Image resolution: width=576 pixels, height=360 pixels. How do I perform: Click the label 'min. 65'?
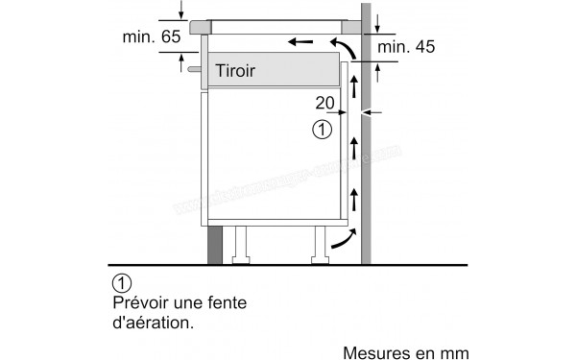[x=151, y=37]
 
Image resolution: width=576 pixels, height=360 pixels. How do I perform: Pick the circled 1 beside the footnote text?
[x=121, y=283]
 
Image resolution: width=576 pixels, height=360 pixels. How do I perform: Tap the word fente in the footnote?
[x=228, y=302]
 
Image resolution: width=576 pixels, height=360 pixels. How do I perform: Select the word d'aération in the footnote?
[x=154, y=323]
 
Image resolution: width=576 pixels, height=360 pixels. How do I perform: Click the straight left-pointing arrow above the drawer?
[x=300, y=43]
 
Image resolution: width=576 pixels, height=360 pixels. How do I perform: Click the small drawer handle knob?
[x=196, y=70]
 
